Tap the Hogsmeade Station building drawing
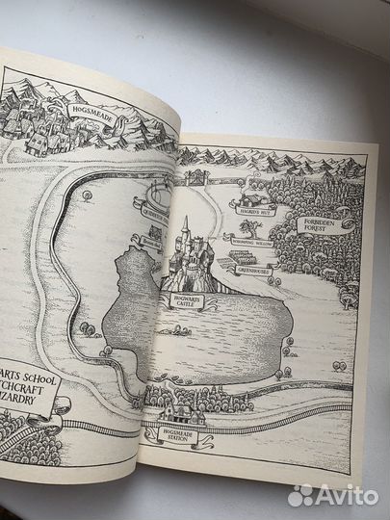tap(181, 415)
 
